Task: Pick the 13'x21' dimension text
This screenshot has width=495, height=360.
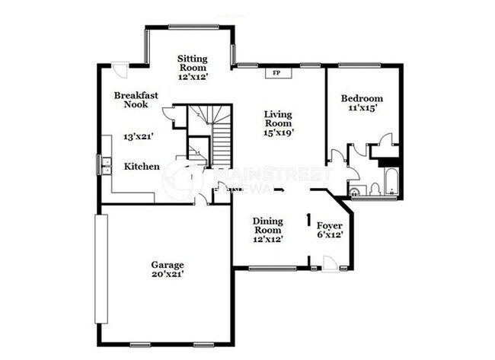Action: point(139,138)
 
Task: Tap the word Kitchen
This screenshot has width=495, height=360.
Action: point(142,167)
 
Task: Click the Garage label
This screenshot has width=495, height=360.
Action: point(167,265)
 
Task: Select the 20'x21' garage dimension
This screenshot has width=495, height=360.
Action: point(167,275)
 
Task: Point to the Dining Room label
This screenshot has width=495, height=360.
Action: point(268,225)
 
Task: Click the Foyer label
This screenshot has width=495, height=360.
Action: point(329,227)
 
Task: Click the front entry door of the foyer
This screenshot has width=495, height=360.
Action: point(330,263)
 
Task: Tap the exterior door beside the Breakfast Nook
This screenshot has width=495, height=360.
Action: point(120,68)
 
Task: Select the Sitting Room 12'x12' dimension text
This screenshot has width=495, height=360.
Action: point(193,77)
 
